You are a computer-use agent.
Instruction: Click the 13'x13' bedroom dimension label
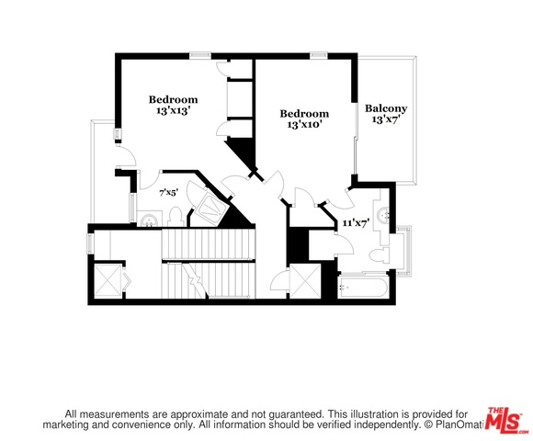point(173,111)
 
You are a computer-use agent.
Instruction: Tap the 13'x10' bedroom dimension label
point(304,125)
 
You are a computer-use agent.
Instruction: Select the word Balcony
point(386,109)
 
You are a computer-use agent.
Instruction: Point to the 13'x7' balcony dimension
point(385,119)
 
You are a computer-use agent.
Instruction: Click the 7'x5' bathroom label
point(168,193)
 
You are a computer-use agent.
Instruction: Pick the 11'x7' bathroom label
point(356,223)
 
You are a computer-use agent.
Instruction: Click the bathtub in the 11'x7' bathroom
point(363,288)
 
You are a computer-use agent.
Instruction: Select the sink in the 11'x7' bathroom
point(384,214)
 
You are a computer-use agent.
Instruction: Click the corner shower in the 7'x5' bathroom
point(210,207)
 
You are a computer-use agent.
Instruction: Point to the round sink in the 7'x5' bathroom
point(149,220)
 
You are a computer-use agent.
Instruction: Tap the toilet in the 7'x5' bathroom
point(176,218)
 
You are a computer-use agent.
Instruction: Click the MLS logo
point(505,421)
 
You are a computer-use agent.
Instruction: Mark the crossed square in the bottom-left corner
point(108,281)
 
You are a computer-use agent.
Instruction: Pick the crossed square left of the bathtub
point(306,281)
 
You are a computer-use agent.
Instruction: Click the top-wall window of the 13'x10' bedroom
point(319,55)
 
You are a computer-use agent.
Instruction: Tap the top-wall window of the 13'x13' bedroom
point(200,55)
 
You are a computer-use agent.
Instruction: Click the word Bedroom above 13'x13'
point(173,100)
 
